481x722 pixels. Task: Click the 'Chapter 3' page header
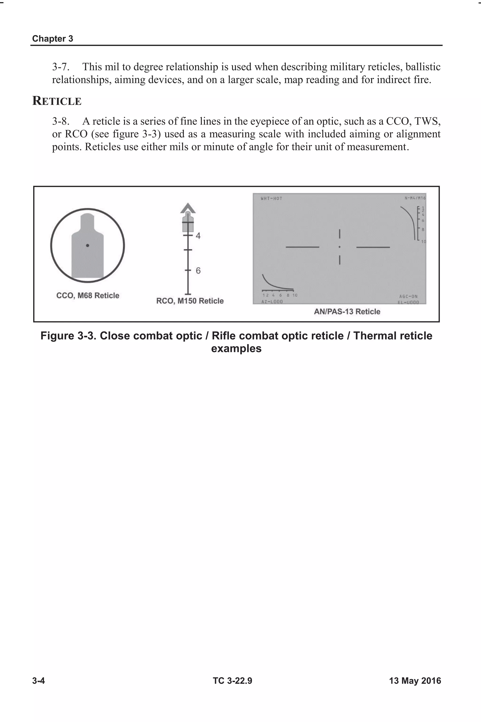[52, 39]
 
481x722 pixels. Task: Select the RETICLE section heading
[57, 101]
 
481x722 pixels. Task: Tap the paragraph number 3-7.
[60, 67]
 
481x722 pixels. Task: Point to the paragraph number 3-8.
[60, 121]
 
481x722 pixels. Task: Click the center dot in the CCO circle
[87, 246]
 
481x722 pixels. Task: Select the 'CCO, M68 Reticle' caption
[88, 296]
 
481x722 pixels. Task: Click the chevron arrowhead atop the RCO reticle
[188, 208]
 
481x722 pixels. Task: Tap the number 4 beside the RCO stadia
[198, 236]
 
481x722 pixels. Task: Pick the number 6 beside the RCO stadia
[198, 271]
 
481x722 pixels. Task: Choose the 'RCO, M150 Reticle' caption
[190, 301]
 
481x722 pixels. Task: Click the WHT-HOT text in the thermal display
[271, 199]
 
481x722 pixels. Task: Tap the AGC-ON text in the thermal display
[408, 297]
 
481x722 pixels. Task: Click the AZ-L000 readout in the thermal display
[272, 302]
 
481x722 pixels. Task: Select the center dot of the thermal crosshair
[340, 247]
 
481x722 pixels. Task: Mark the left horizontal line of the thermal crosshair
[302, 247]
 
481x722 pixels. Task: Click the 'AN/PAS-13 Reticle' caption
[347, 312]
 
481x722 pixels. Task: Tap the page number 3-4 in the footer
[39, 681]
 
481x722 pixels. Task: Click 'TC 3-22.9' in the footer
[233, 681]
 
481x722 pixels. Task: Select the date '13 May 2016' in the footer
[415, 681]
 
